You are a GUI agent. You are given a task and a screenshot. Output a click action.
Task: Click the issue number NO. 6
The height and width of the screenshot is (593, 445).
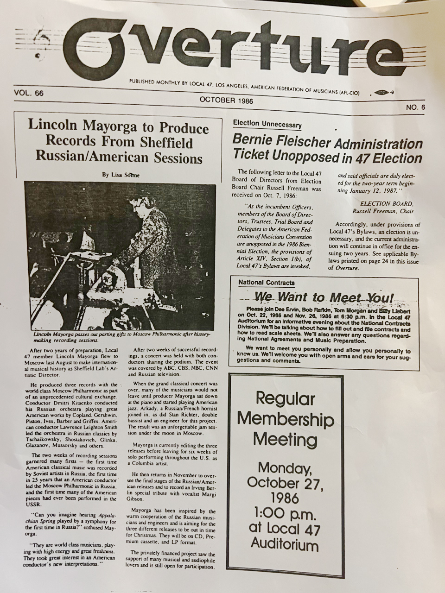pos(415,107)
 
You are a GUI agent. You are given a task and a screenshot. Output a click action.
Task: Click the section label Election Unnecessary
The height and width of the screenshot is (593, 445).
pos(267,124)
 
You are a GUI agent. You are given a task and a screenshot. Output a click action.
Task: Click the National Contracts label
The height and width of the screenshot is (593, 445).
pos(266,282)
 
